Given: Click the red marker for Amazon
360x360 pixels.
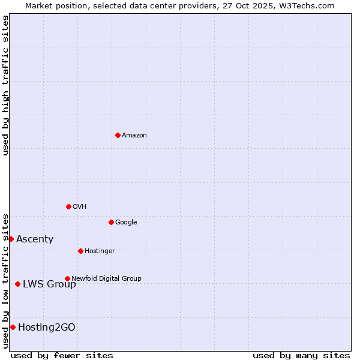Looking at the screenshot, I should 118,135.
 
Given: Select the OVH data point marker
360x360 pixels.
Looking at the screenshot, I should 68,206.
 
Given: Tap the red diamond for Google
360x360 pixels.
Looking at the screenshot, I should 111,222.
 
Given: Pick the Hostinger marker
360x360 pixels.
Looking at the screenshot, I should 80,251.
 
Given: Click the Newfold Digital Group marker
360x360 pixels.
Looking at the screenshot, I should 67,278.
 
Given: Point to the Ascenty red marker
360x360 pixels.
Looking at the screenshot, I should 11,239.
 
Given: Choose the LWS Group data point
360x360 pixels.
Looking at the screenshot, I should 17,284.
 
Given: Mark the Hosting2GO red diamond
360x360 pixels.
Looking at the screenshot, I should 13,327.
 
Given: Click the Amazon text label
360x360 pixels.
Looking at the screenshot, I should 134,136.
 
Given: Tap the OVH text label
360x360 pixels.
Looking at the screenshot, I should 80,207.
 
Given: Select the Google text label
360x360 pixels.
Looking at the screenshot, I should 126,223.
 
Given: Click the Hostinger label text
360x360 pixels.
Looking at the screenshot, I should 100,251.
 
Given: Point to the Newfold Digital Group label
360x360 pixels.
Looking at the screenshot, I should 106,278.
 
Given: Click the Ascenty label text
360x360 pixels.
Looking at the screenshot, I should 35,239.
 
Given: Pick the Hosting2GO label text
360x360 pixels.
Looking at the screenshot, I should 47,328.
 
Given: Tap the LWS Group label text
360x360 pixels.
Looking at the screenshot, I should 49,284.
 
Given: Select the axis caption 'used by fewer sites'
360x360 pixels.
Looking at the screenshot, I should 62,355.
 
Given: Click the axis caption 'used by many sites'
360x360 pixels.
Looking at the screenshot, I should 301,355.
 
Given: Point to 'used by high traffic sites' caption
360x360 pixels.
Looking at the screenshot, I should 5,85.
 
